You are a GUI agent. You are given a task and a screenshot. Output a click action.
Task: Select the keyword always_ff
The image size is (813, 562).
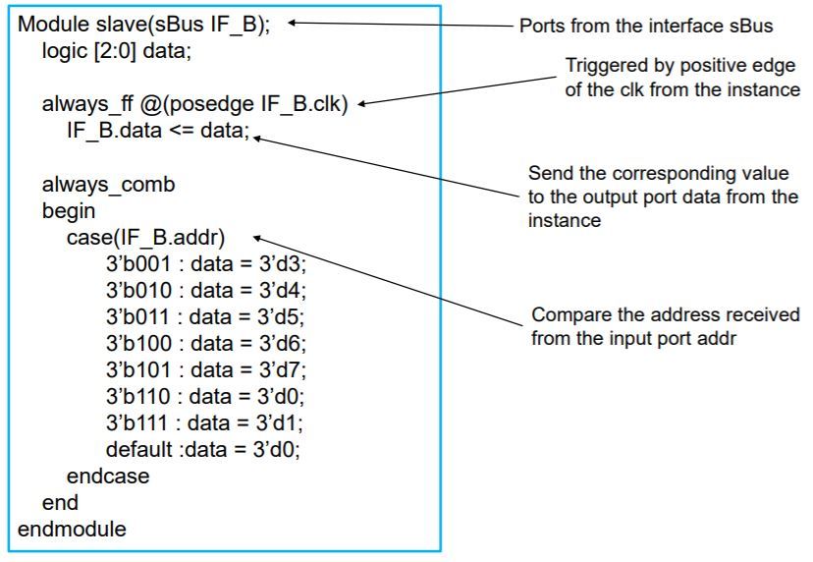tap(83, 104)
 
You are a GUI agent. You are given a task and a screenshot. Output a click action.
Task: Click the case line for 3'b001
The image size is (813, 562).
tap(206, 264)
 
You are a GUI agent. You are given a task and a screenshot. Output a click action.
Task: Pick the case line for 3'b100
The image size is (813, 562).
tap(206, 344)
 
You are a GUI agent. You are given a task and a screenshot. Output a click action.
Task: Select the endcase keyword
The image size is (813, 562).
tap(108, 477)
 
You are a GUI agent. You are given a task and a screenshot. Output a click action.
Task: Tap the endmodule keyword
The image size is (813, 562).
tap(72, 530)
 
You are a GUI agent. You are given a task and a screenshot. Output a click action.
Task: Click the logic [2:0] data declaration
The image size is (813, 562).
tap(116, 51)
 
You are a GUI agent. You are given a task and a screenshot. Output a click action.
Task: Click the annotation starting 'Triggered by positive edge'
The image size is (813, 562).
tap(683, 79)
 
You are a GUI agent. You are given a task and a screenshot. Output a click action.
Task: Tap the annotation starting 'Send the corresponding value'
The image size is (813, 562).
tap(664, 197)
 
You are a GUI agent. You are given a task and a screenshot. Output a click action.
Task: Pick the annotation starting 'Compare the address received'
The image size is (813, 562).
tap(666, 326)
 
